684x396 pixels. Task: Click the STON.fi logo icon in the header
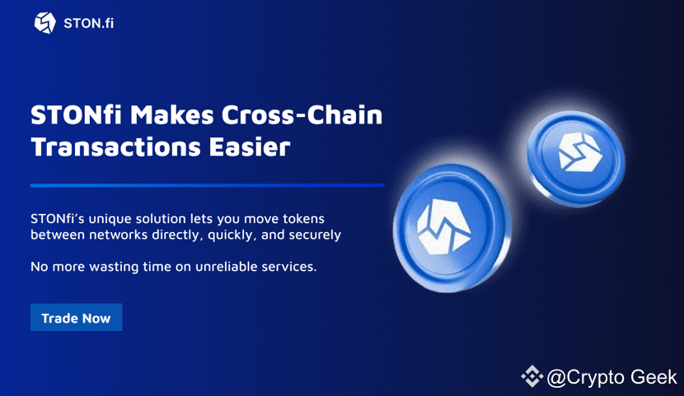[45, 23]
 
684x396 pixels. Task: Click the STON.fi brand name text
[88, 24]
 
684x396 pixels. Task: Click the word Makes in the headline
[172, 115]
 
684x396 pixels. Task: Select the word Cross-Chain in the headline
[302, 115]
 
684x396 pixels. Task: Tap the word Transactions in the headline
[116, 147]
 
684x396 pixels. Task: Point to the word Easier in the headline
[250, 147]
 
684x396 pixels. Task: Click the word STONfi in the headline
[77, 115]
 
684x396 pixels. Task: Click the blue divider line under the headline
[207, 185]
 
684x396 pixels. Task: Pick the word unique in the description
[110, 219]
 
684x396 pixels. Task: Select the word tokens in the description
[303, 219]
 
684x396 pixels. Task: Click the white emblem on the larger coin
[443, 227]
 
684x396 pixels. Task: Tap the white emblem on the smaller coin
[579, 151]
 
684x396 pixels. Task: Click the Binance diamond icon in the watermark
[532, 376]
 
